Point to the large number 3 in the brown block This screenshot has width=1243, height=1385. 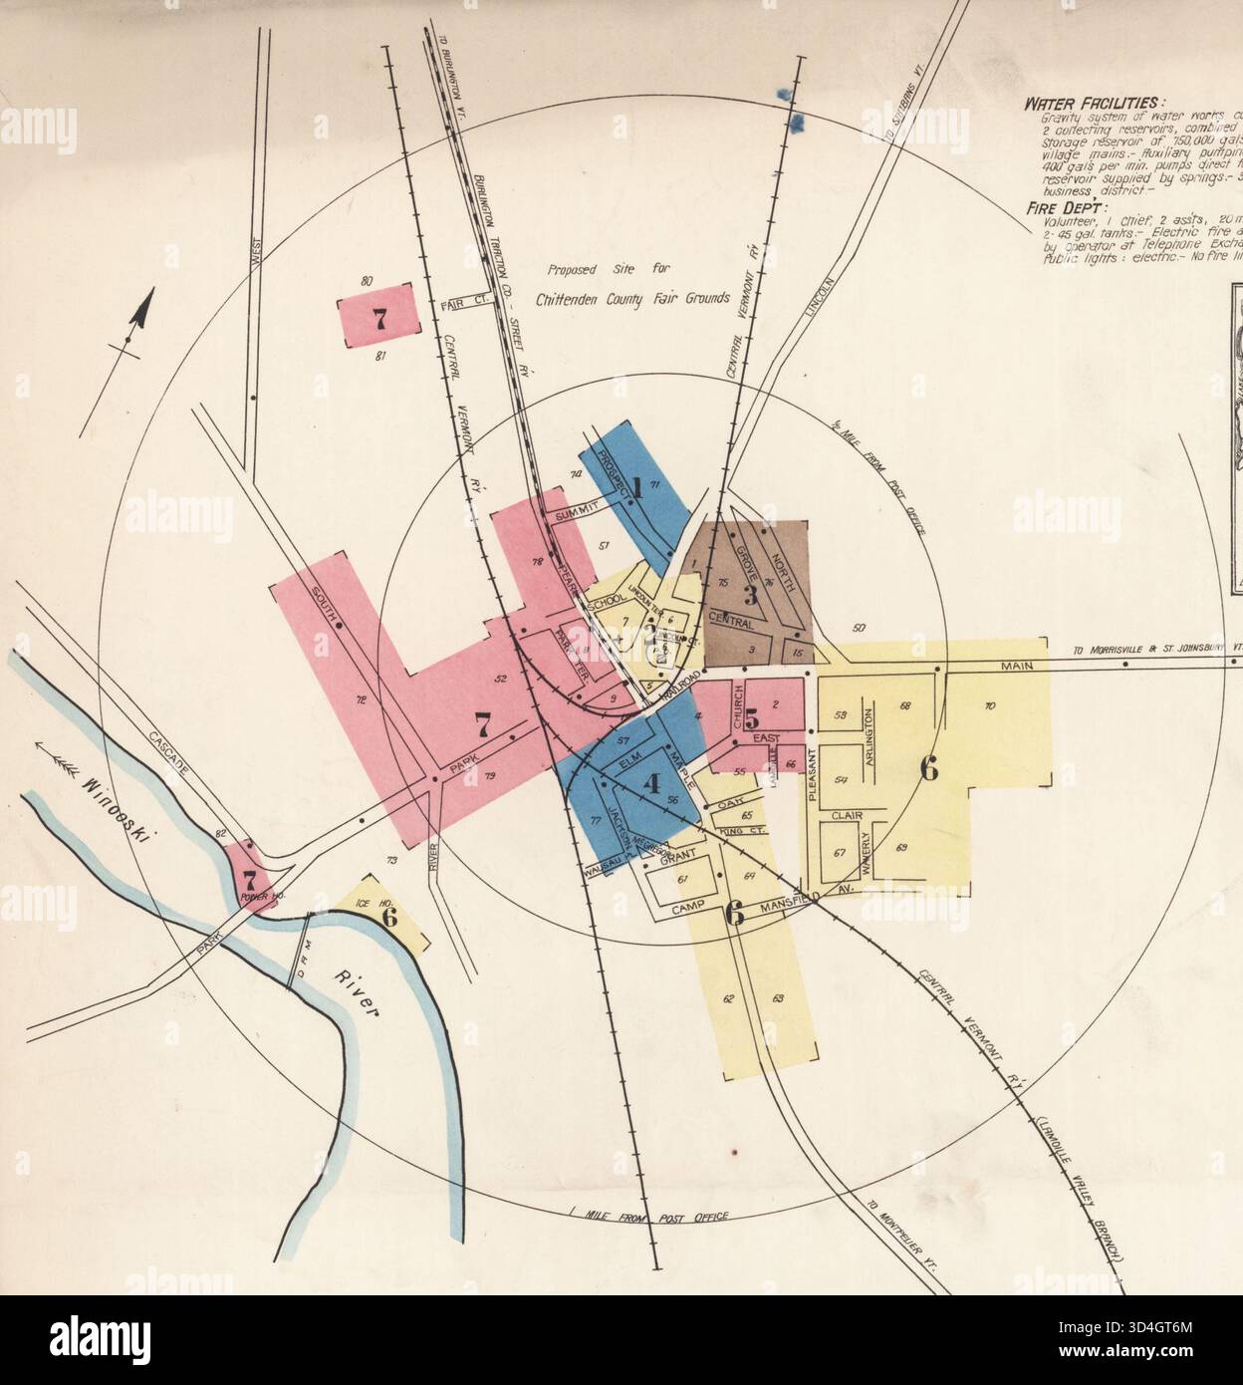[750, 595]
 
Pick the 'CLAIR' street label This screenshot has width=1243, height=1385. [846, 814]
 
